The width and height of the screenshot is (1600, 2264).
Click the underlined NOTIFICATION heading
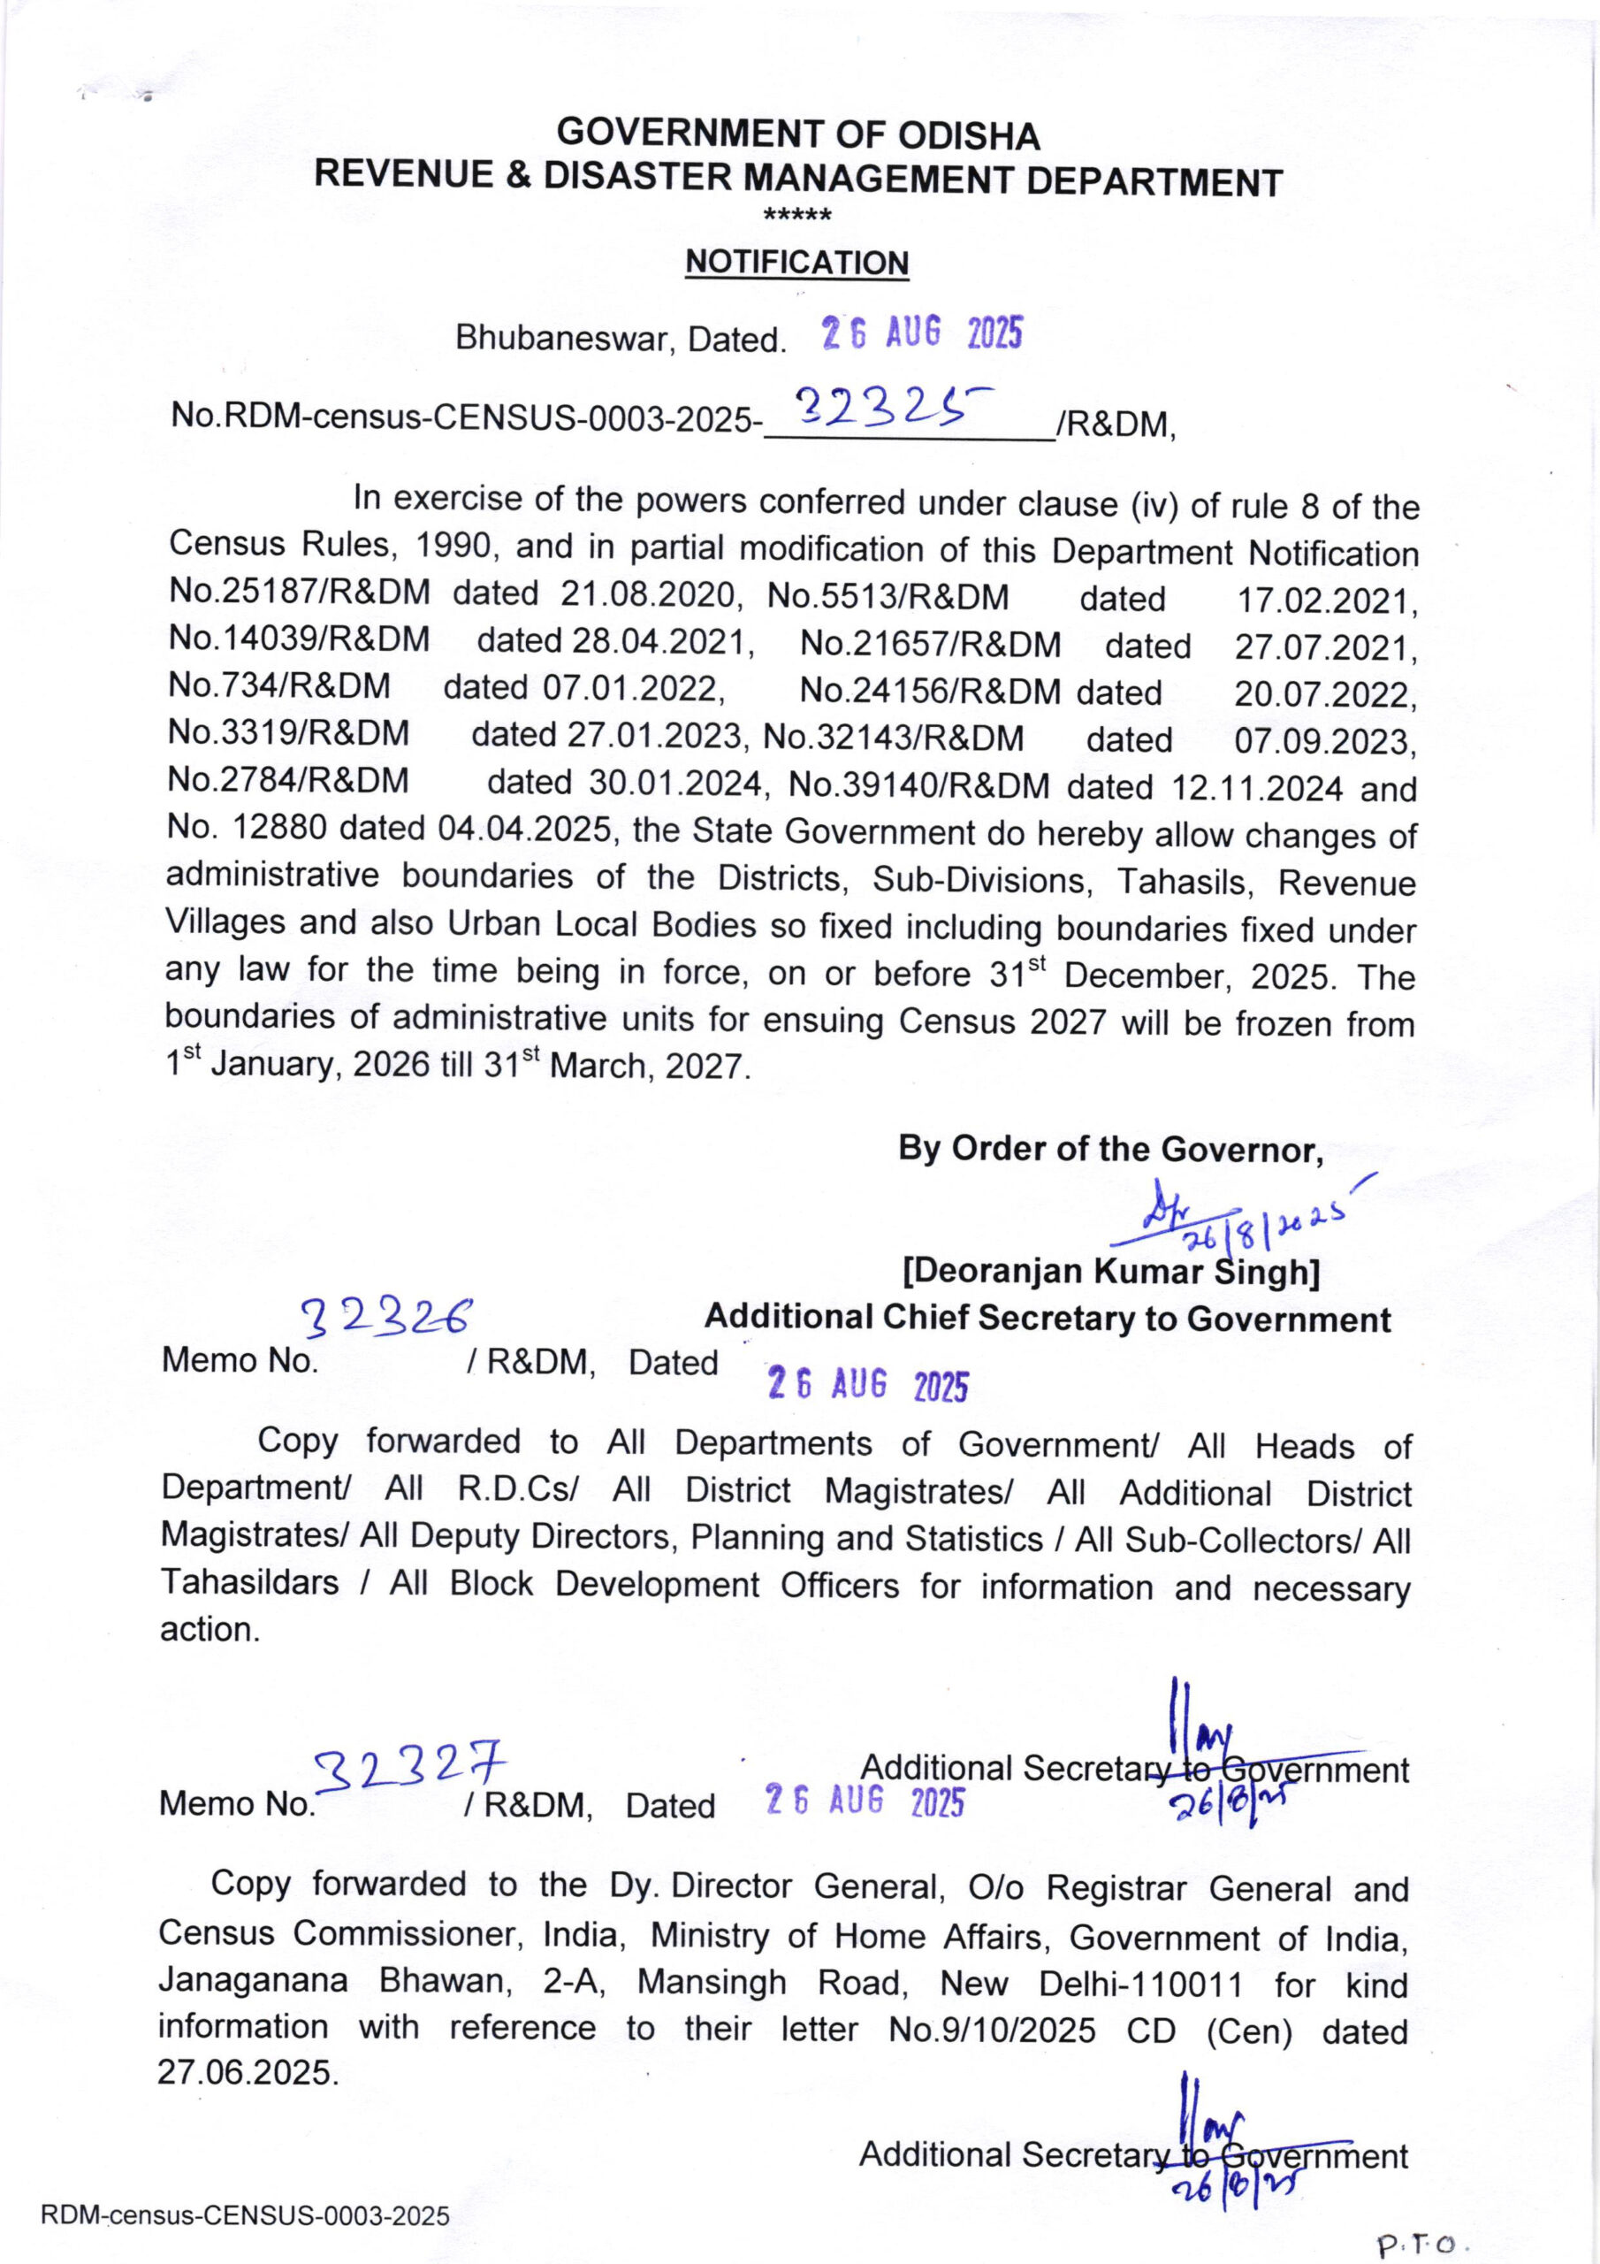[796, 263]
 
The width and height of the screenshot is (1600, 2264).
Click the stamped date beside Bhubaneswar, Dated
[922, 335]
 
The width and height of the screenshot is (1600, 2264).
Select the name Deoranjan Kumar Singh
[1111, 1272]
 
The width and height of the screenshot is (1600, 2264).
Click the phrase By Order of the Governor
[1109, 1149]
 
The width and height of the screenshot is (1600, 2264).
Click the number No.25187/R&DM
[300, 592]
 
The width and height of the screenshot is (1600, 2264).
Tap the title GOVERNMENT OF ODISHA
[797, 134]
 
